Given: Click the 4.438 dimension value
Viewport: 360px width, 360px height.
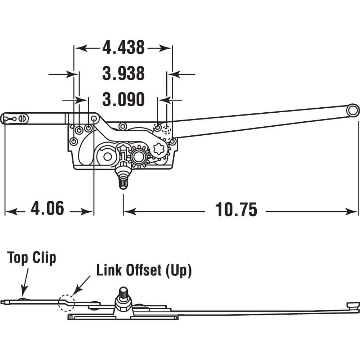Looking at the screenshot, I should (x=123, y=48).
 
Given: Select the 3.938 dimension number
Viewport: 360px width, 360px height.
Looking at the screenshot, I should (x=123, y=74).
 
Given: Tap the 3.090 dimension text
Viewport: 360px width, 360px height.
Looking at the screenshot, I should (x=123, y=99).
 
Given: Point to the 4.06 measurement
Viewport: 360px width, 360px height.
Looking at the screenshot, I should (x=48, y=208).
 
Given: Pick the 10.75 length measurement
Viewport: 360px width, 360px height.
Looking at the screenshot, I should (x=236, y=210).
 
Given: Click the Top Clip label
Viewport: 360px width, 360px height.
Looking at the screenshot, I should (x=32, y=258).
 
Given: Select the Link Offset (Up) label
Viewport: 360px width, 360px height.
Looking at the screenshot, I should (x=144, y=270).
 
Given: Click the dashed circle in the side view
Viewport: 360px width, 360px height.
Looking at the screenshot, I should (x=66, y=302).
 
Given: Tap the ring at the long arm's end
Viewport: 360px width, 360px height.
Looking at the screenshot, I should (x=353, y=110).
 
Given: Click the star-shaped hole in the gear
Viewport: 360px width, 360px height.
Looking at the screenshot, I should (x=158, y=148).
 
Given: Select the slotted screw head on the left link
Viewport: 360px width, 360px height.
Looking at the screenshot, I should (x=23, y=118).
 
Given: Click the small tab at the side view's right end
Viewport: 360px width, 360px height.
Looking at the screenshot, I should (x=352, y=305).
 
